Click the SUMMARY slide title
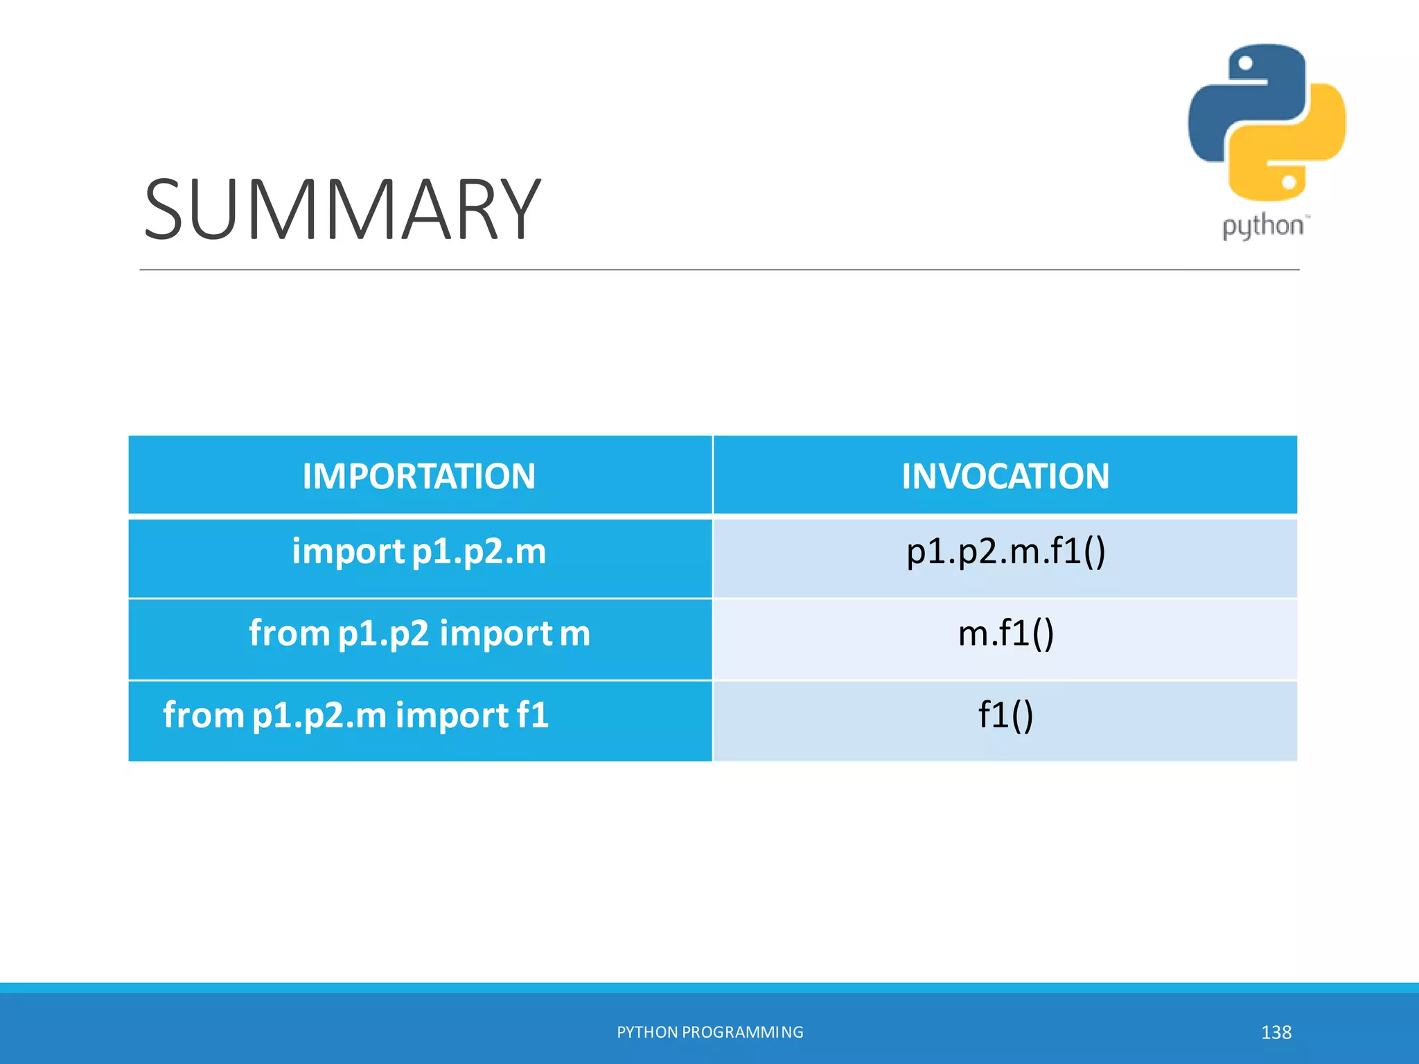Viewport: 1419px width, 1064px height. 342,209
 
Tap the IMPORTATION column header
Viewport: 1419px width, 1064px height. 418,477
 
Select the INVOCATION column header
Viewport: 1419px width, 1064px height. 1005,477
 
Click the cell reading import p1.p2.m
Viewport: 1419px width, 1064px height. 418,552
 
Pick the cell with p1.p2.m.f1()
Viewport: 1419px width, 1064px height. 1005,552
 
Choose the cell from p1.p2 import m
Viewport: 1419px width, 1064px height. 418,633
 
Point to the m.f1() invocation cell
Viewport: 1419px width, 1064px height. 1005,633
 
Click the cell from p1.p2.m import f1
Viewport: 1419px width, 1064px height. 356,715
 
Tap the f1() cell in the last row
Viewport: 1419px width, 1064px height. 1005,715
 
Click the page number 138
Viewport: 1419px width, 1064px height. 1276,1032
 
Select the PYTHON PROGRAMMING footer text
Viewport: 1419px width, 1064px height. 709,1032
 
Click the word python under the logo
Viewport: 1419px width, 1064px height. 1262,227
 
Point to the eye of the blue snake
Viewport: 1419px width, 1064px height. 1245,64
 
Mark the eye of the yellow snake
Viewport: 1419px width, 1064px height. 1289,182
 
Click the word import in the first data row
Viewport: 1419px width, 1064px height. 348,552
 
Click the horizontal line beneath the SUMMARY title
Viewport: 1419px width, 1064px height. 719,269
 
